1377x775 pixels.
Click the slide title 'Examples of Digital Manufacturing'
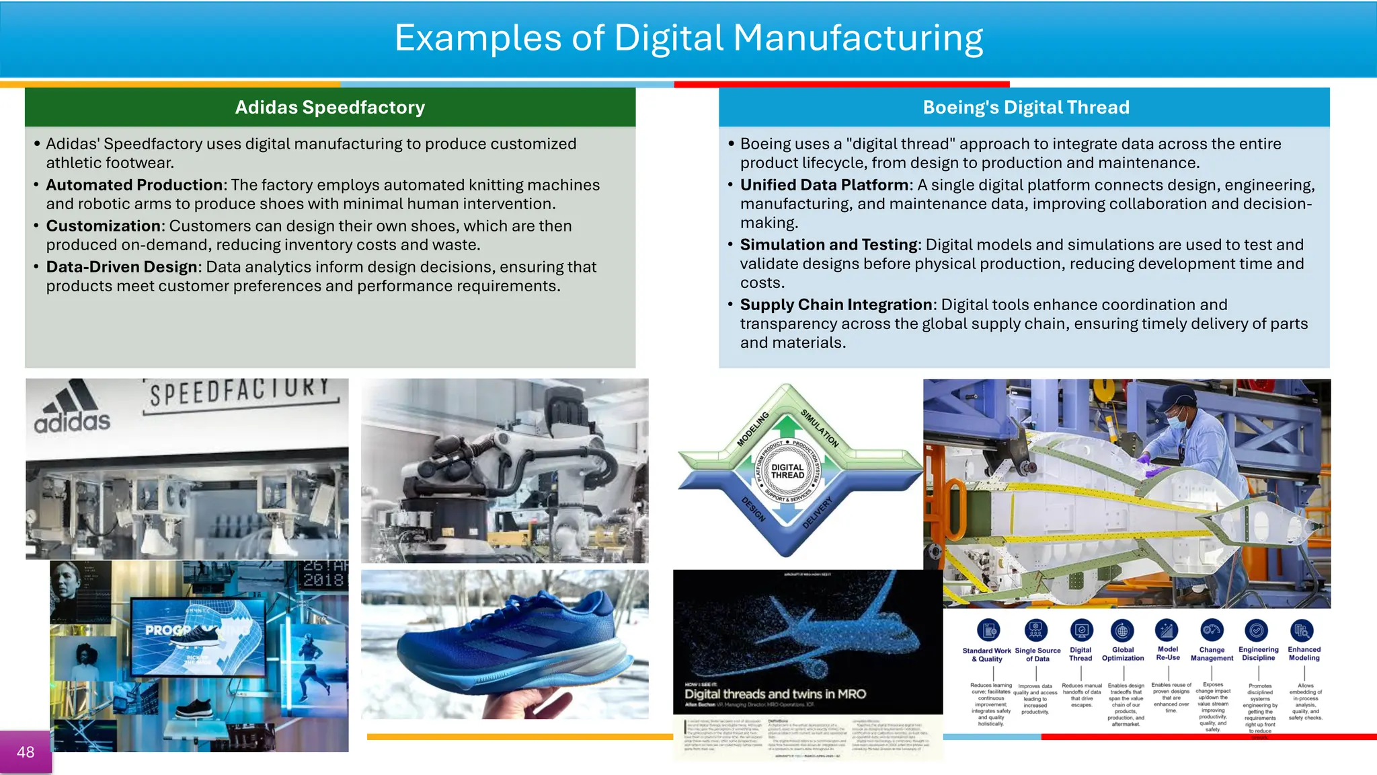click(688, 38)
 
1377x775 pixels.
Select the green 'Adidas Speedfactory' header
click(329, 108)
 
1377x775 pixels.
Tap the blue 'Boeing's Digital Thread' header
click(1025, 108)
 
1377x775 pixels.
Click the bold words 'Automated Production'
click(134, 185)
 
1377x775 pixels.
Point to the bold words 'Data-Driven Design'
click(122, 267)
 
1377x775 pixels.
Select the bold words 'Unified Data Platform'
click(824, 185)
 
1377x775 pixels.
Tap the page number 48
click(26, 752)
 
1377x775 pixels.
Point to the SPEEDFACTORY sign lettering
click(240, 393)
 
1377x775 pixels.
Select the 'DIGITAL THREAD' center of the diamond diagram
click(787, 471)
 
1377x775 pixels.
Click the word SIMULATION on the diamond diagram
click(820, 428)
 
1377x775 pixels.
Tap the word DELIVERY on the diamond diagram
click(818, 513)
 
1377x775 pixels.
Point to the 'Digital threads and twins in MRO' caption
click(775, 694)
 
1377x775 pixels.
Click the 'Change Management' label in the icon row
click(1212, 654)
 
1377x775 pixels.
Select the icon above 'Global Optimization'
click(1122, 630)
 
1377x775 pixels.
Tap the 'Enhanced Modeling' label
click(1304, 654)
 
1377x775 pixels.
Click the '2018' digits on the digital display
click(323, 580)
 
